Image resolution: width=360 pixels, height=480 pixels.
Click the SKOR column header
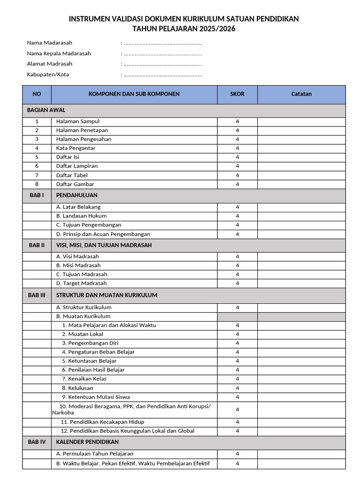[237, 94]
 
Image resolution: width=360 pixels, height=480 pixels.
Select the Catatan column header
[301, 94]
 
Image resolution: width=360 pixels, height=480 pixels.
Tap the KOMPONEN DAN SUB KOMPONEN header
[134, 94]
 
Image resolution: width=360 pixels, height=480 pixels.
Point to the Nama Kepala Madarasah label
[59, 53]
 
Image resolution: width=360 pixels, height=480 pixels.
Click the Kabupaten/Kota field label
[48, 74]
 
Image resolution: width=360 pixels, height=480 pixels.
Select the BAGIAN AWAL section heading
[46, 110]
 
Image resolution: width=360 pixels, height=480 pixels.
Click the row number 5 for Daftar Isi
[37, 157]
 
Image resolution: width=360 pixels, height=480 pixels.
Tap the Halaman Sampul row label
[78, 121]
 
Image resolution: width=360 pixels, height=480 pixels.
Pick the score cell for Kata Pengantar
[237, 148]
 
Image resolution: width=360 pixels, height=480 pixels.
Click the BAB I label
[37, 195]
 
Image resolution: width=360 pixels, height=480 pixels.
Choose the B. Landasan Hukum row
[82, 216]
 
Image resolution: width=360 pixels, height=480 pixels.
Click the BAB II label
[37, 245]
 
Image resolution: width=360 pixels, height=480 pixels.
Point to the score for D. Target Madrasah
[237, 283]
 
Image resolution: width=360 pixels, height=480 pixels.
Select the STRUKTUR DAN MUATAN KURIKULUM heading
[107, 295]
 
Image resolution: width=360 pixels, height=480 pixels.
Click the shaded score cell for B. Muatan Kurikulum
[237, 316]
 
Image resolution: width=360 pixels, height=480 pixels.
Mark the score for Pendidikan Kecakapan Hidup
[237, 422]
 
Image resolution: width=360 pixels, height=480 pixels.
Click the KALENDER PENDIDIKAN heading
[88, 442]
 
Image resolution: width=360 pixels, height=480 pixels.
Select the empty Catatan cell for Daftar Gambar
[301, 184]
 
